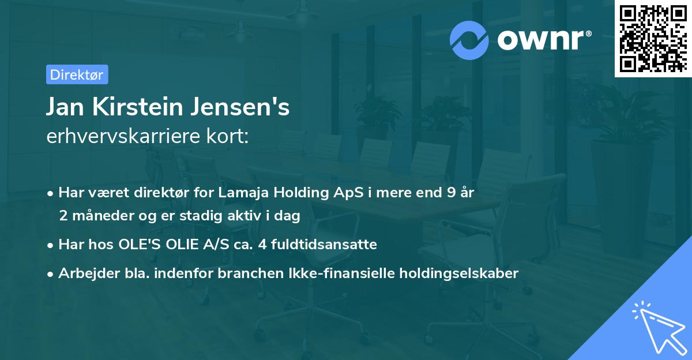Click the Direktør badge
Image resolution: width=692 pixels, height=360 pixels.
point(77,74)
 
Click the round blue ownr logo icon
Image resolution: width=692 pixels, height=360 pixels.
point(469,40)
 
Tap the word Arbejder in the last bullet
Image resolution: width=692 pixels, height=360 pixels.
point(84,273)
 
